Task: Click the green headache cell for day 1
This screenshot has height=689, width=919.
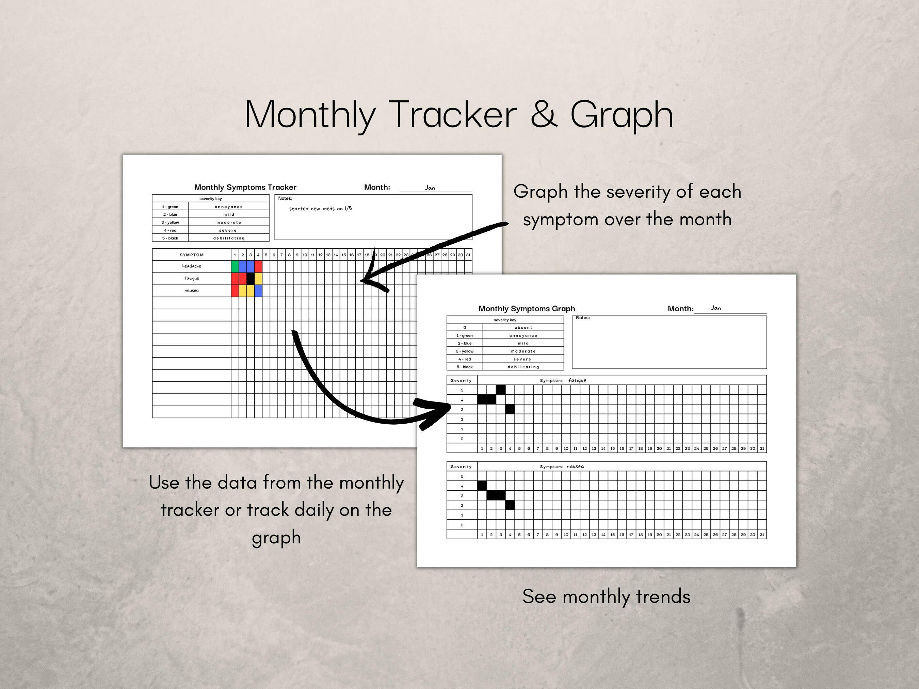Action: point(235,266)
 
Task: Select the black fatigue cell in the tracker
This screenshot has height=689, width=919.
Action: point(251,278)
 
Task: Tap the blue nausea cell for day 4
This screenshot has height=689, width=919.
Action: point(258,290)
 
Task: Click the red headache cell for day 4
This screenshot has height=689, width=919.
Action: point(258,266)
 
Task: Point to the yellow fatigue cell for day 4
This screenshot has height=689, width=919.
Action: point(258,278)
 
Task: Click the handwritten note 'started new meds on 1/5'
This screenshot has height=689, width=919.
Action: point(320,209)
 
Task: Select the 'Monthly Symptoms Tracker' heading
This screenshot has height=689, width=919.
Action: point(245,187)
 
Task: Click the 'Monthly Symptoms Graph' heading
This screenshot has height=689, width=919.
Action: point(527,309)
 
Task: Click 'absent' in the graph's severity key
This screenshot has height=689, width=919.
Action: point(523,328)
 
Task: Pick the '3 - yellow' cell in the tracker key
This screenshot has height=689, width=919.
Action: point(170,223)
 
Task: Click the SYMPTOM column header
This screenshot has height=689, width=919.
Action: point(192,255)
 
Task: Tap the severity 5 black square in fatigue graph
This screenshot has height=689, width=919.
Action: point(501,390)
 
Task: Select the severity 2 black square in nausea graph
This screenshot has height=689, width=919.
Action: point(510,505)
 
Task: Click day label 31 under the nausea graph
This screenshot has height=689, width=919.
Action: point(761,535)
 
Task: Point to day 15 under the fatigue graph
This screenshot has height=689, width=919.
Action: point(612,448)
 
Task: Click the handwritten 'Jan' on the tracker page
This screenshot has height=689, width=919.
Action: point(430,188)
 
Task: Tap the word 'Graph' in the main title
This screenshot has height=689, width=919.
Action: point(621,115)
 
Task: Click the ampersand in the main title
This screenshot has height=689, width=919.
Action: point(544,115)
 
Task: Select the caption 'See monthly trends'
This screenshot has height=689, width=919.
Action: point(606,597)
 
